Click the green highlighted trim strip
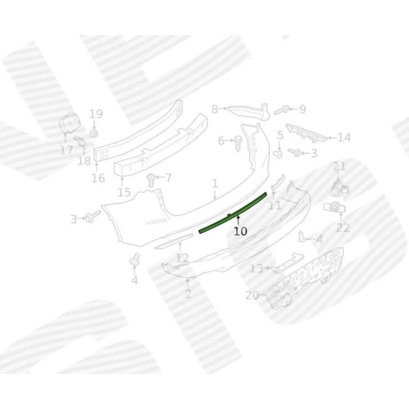click(232, 213)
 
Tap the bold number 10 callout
click(240, 231)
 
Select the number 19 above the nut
click(96, 114)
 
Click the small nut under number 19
click(94, 133)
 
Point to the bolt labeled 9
click(281, 110)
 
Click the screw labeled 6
click(238, 144)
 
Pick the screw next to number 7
click(151, 180)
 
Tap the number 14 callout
click(344, 137)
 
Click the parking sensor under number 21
click(339, 187)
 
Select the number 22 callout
click(343, 227)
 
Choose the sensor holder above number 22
click(335, 208)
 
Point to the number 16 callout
click(98, 178)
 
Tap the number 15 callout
click(124, 192)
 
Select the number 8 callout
click(215, 110)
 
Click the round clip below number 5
click(278, 154)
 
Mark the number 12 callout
click(182, 258)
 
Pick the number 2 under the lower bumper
click(188, 294)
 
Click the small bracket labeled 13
click(287, 263)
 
